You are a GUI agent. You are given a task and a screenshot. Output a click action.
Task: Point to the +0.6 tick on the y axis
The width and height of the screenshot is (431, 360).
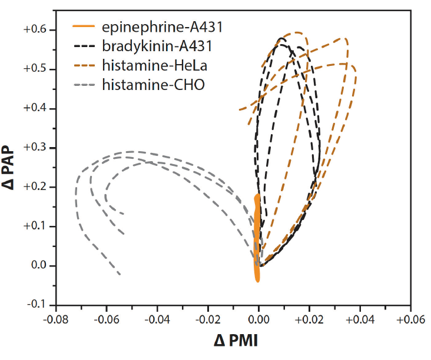36,30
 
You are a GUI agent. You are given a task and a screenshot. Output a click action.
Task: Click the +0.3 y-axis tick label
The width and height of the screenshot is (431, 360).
36,148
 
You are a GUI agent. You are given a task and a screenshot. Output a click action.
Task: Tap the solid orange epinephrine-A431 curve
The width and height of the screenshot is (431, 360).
257,235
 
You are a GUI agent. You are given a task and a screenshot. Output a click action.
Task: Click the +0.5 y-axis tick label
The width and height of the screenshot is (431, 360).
36,69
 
